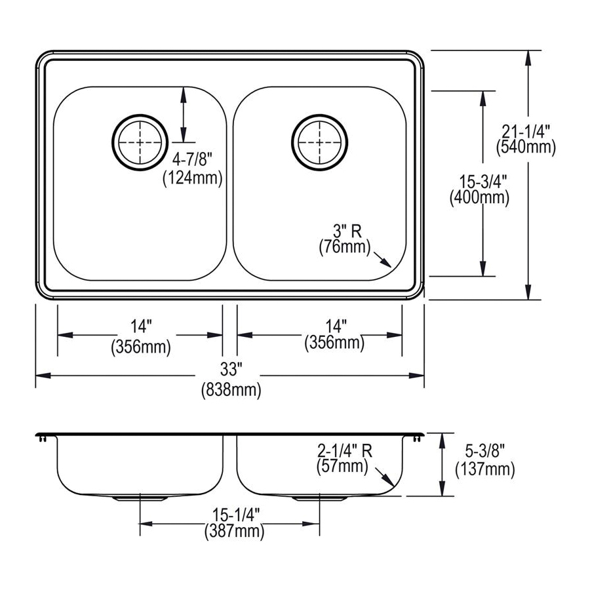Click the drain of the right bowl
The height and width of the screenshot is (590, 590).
coord(318,142)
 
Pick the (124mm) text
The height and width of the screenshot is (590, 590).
coord(192,177)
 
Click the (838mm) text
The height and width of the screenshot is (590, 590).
coord(230,391)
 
